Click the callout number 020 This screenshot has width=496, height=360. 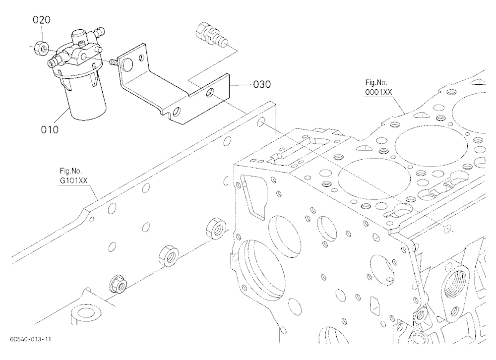(42, 20)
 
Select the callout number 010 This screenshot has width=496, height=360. (50, 129)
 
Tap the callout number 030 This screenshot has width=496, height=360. (262, 84)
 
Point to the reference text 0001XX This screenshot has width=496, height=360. (378, 92)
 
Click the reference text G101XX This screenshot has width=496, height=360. (74, 180)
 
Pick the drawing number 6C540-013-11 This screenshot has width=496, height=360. (30, 340)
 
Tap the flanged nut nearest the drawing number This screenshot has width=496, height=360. (118, 284)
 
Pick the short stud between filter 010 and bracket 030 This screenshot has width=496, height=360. (114, 62)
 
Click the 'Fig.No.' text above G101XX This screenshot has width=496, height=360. (71, 171)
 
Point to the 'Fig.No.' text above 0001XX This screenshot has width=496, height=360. (376, 83)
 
